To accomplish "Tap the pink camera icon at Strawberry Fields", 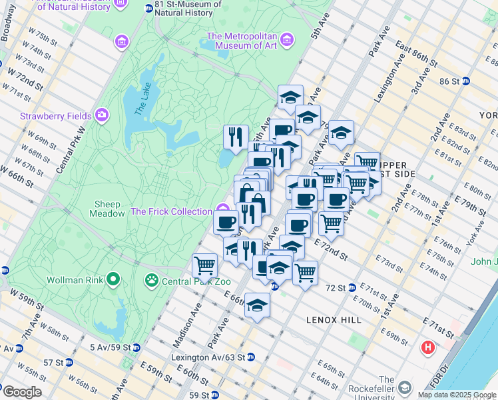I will pyautogui.click(x=102, y=115).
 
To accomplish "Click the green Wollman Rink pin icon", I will pyautogui.click(x=114, y=279).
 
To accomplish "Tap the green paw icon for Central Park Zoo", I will pyautogui.click(x=152, y=279).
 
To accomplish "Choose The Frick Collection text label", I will pyautogui.click(x=171, y=211).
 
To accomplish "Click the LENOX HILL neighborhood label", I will pyautogui.click(x=334, y=320).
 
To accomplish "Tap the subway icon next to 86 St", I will pyautogui.click(x=466, y=81).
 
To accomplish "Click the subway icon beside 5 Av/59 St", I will pyautogui.click(x=136, y=347).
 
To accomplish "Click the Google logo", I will pyautogui.click(x=22, y=392).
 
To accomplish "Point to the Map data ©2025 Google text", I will pyautogui.click(x=456, y=395).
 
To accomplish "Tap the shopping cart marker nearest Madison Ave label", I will pyautogui.click(x=204, y=265).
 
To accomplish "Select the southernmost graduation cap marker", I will pyautogui.click(x=257, y=305).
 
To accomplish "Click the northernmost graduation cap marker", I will pyautogui.click(x=290, y=97).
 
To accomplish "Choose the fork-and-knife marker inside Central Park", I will pyautogui.click(x=236, y=137).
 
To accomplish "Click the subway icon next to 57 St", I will pyautogui.click(x=69, y=363).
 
